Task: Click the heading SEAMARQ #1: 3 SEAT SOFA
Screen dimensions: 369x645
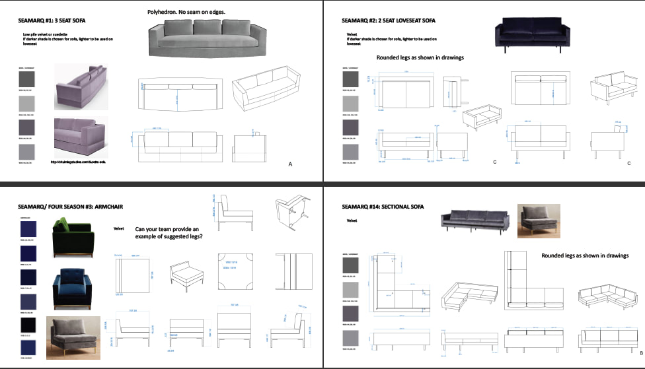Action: tap(54, 20)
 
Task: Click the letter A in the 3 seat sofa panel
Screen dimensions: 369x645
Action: tap(290, 164)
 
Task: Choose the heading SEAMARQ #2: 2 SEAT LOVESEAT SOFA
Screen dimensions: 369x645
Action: tap(389, 20)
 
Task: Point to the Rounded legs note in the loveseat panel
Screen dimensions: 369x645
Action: tap(420, 57)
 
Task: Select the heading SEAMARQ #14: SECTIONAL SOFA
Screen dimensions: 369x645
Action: tap(383, 206)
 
